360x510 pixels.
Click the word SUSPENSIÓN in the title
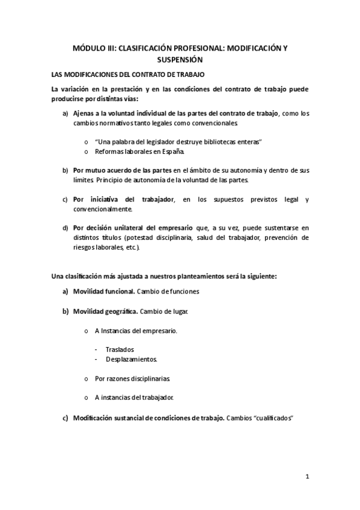180,60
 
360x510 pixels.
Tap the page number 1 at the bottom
307,478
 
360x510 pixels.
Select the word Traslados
120,349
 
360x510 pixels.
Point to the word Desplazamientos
131,359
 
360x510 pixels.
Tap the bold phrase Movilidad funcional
103,291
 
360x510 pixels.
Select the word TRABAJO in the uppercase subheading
189,75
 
